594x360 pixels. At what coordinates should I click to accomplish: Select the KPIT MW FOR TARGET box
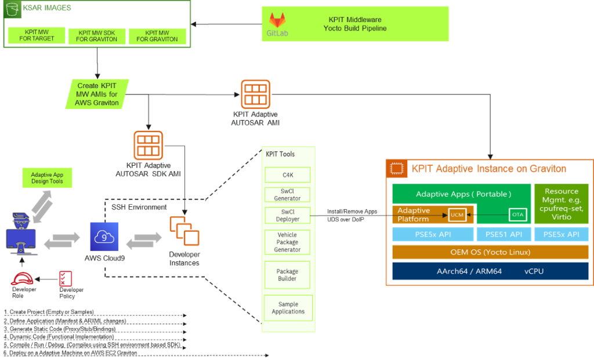tap(35, 35)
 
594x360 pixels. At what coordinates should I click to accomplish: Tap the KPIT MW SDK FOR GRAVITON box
tap(96, 36)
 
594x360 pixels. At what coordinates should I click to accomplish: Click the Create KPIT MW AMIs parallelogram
tap(96, 94)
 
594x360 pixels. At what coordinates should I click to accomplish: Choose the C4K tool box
tap(288, 174)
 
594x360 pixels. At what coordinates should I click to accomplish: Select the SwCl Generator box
tap(288, 194)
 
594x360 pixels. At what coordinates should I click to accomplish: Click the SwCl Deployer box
tap(288, 215)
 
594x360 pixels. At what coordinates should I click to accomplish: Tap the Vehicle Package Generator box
tap(288, 242)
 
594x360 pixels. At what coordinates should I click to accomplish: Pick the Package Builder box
tap(288, 275)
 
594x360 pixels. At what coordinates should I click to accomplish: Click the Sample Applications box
tap(288, 308)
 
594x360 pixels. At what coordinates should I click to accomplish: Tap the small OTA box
tap(517, 214)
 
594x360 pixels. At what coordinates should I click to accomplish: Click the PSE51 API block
tap(502, 234)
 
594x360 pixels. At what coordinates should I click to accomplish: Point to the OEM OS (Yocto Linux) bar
tap(490, 252)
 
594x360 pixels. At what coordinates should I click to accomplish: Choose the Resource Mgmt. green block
tap(561, 204)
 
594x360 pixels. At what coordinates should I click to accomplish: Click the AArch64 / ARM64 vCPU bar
tap(490, 271)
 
